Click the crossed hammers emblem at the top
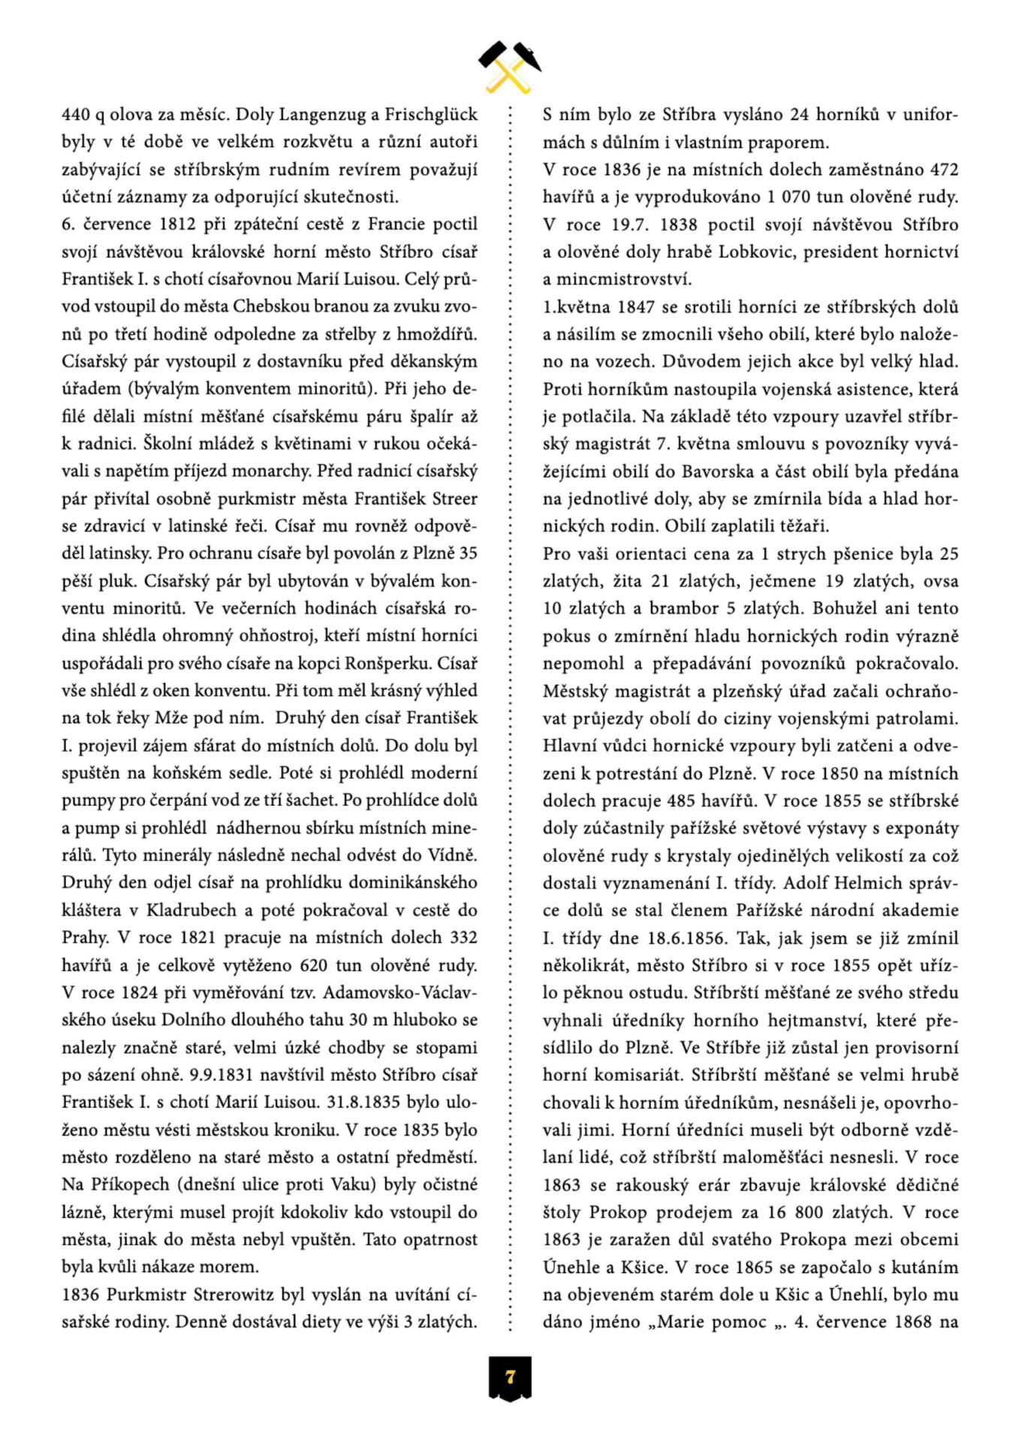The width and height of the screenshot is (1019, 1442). click(510, 65)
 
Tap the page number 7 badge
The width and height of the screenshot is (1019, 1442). click(510, 1377)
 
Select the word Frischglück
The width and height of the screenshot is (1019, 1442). click(431, 115)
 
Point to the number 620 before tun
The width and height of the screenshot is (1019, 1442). click(315, 965)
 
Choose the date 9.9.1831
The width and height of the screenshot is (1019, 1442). click(224, 1075)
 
